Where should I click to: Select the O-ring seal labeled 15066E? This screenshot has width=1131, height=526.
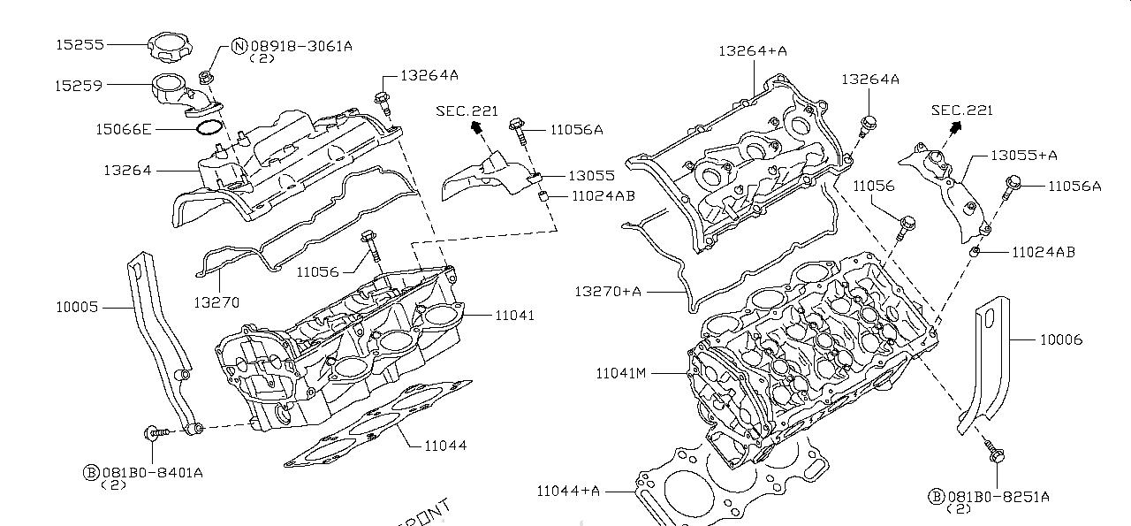pyautogui.click(x=207, y=129)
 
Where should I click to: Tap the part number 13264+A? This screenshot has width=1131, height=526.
pyautogui.click(x=752, y=51)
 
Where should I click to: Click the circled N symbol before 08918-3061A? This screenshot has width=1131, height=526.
pyautogui.click(x=239, y=46)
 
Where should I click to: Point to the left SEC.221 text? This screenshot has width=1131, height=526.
pyautogui.click(x=467, y=111)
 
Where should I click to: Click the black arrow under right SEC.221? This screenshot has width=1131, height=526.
pyautogui.click(x=953, y=128)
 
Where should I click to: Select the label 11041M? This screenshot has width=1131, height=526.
pyautogui.click(x=621, y=373)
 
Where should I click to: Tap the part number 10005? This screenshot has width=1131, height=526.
pyautogui.click(x=77, y=307)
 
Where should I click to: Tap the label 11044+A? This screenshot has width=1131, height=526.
pyautogui.click(x=568, y=491)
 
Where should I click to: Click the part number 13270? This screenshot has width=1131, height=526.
pyautogui.click(x=216, y=302)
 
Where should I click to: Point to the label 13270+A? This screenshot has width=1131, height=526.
pyautogui.click(x=608, y=291)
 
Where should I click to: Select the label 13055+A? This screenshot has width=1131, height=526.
pyautogui.click(x=1023, y=155)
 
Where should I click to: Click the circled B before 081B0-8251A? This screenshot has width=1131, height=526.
pyautogui.click(x=936, y=497)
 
